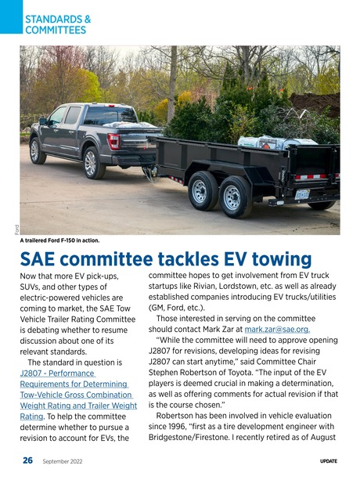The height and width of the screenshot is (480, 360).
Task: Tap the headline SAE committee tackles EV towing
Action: (166, 259)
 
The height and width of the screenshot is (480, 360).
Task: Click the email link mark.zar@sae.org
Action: (277, 330)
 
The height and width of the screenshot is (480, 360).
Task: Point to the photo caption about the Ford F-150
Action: (71, 240)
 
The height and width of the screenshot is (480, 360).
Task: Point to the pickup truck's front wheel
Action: (38, 150)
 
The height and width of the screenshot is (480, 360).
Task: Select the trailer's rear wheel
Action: (236, 197)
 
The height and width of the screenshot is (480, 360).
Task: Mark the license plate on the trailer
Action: (302, 194)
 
